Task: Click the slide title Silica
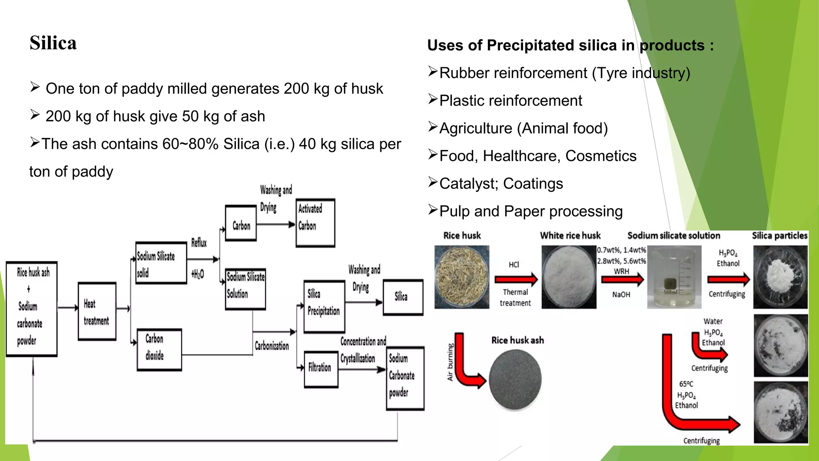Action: (x=53, y=43)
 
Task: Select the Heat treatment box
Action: (x=97, y=312)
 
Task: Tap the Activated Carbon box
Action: (x=315, y=223)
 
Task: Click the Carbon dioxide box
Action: (x=159, y=349)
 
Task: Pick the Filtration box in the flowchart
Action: (x=321, y=369)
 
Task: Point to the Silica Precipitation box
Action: (x=324, y=307)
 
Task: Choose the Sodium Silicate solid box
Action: (x=161, y=263)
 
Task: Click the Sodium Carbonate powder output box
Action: (x=405, y=378)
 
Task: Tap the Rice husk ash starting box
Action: (x=31, y=309)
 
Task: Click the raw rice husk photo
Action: (x=462, y=277)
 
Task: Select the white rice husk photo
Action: (x=569, y=277)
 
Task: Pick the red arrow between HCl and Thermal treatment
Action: (x=516, y=279)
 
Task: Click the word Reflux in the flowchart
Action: (x=199, y=243)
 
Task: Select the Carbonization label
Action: (x=272, y=346)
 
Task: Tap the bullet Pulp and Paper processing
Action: (x=531, y=211)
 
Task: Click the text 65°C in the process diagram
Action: (x=686, y=384)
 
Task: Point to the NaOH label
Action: (x=621, y=295)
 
